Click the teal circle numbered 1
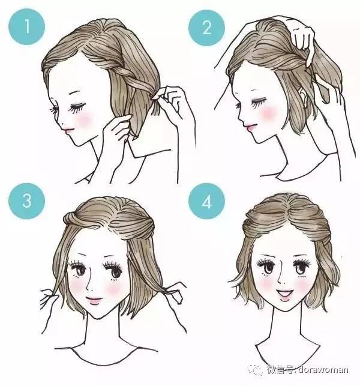[27, 26]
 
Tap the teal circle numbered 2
[206, 28]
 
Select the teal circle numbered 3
[26, 201]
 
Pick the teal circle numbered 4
[206, 201]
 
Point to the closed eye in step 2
[259, 103]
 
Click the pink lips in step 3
[94, 301]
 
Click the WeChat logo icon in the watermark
[256, 370]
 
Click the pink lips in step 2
[250, 127]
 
